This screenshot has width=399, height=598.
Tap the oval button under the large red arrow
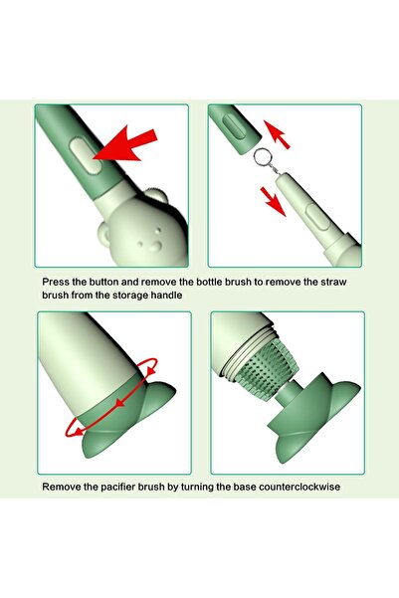pos(87,156)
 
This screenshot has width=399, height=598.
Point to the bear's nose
pos(156,246)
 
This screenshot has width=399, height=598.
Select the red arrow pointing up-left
pos(277,134)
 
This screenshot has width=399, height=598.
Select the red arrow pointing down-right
pos(273,201)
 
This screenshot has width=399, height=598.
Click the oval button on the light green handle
pos(317,217)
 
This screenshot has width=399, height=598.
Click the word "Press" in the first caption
pos(56,283)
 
